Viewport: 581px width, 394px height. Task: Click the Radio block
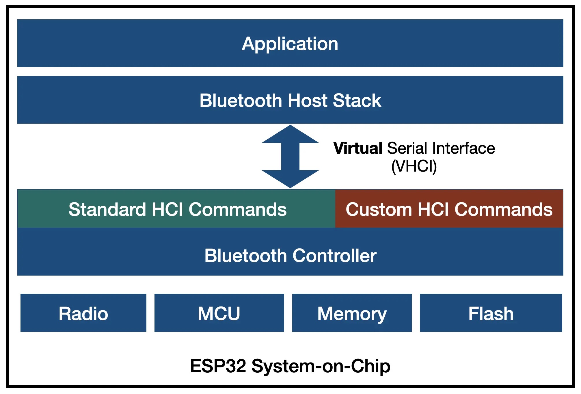coord(83,313)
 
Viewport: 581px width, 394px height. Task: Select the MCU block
coord(219,313)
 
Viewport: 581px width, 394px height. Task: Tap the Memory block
coord(352,313)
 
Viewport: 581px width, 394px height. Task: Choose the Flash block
coord(491,313)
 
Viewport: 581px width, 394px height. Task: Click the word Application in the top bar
coord(290,44)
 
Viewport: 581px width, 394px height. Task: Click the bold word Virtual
coord(358,148)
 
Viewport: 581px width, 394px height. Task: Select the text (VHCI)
coord(414,166)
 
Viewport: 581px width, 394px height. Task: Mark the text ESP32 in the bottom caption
coord(218,366)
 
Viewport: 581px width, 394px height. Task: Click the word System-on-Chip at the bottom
coord(321,367)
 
